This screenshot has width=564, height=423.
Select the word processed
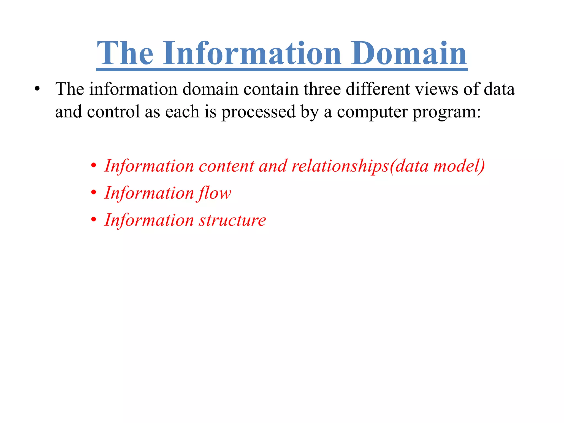[258, 112]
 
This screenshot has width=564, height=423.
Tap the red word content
[226, 166]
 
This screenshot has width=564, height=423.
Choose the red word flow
[214, 193]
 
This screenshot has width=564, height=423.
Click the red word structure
[232, 220]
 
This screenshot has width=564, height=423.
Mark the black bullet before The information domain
[37, 90]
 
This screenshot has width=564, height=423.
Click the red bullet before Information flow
[94, 192]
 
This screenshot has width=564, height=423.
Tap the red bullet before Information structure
[94, 220]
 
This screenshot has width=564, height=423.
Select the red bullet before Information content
[94, 166]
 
